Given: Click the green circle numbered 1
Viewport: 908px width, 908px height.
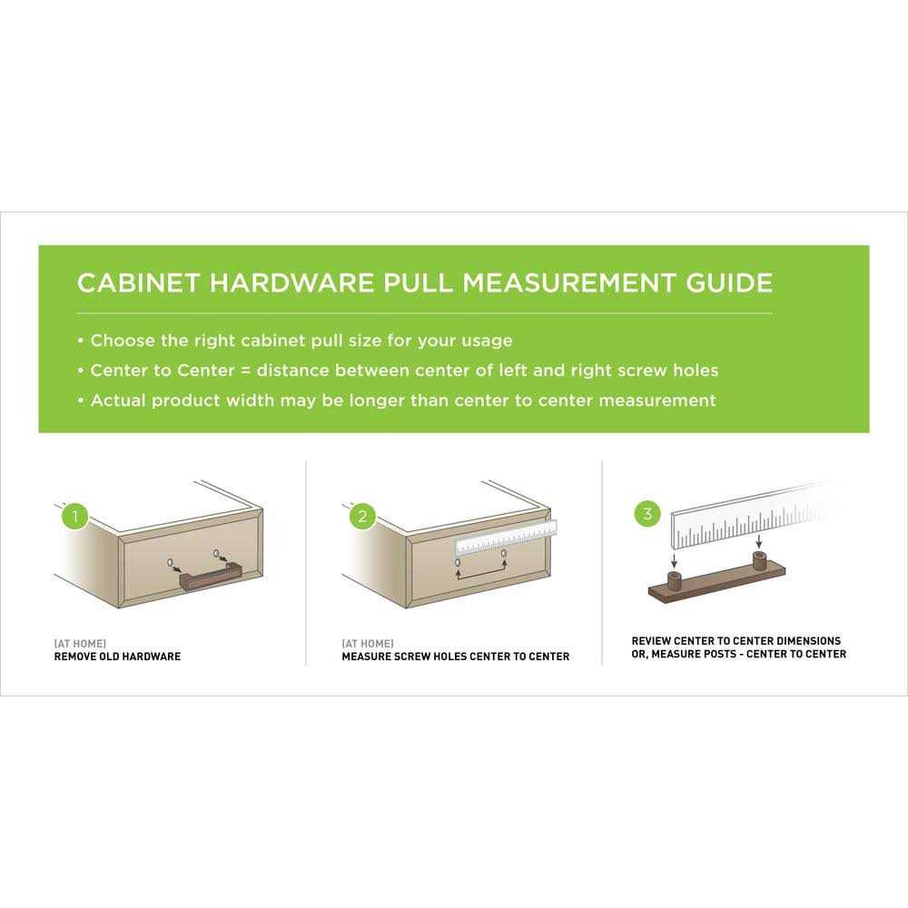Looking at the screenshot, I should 74,518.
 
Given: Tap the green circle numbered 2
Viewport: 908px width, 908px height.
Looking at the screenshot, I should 361,517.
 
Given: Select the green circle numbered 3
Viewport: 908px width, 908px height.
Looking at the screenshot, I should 646,514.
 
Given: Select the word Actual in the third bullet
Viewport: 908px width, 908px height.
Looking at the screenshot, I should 118,400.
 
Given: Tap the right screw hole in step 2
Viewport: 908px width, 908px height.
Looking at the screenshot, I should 503,553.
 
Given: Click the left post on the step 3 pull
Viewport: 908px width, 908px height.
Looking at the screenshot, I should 675,580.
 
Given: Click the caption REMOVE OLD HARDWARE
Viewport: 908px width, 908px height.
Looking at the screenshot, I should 117,656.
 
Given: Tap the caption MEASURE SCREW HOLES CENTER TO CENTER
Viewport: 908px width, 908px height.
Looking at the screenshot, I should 456,656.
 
